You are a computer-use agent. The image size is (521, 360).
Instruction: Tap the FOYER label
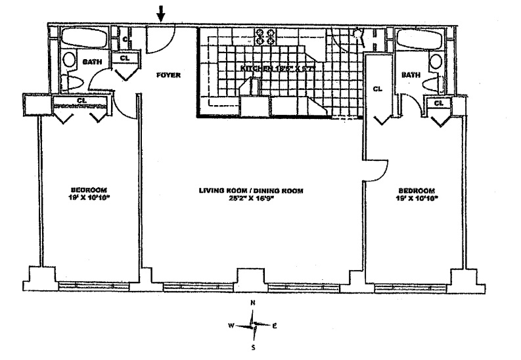[168, 75]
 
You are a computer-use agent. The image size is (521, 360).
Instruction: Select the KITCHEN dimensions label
[279, 68]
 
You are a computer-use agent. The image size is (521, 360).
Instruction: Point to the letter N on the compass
[253, 303]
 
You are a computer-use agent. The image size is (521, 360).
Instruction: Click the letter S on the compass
[253, 348]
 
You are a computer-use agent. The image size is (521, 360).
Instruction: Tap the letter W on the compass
[231, 325]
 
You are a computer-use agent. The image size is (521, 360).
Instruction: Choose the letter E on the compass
[275, 325]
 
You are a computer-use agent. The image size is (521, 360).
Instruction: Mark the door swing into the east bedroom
[376, 169]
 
